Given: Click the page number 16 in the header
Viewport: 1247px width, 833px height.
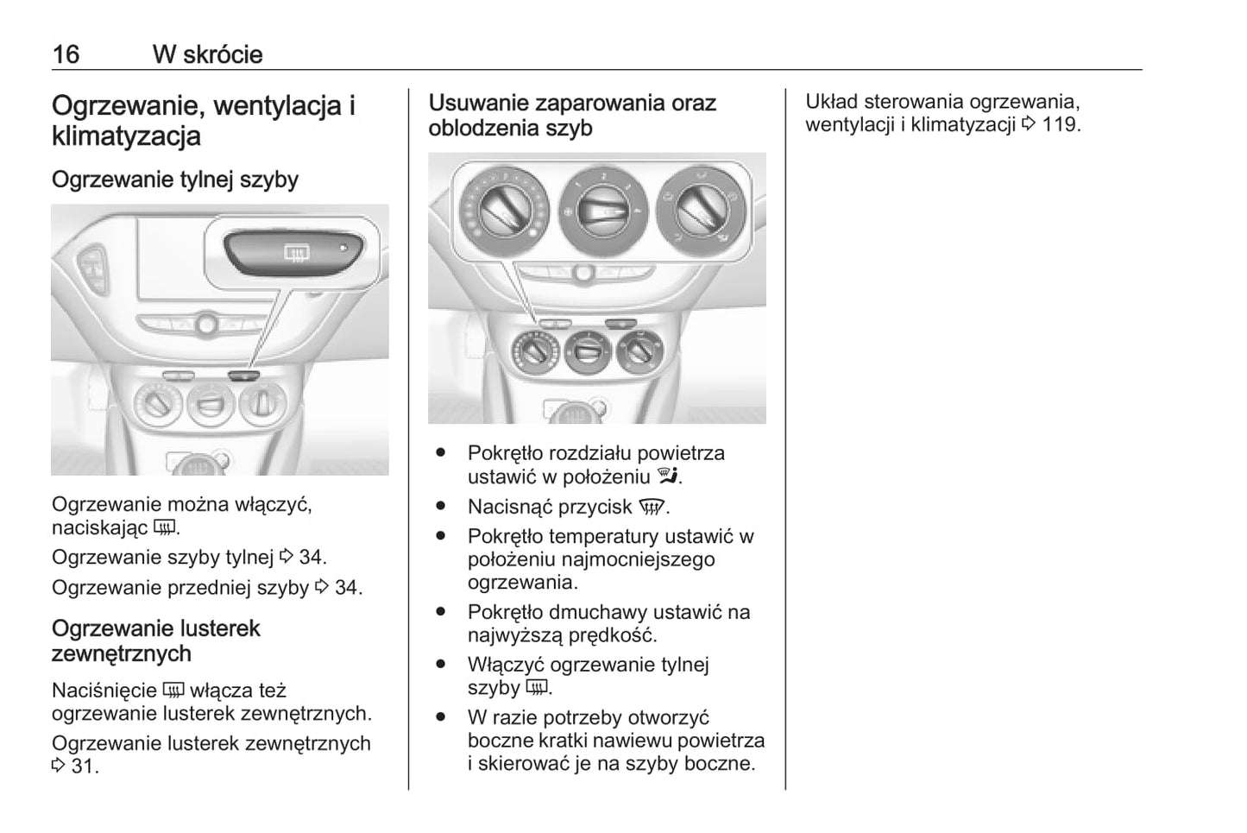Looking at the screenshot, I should [66, 54].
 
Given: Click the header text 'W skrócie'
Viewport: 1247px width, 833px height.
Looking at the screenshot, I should [207, 54].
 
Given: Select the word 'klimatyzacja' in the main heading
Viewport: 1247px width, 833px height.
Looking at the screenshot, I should [126, 136].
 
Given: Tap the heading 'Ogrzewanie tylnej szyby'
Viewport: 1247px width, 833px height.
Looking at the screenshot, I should [175, 180].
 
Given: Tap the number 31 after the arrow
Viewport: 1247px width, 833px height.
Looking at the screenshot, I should [83, 766].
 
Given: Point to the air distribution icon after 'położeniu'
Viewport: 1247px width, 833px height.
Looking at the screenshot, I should [668, 476].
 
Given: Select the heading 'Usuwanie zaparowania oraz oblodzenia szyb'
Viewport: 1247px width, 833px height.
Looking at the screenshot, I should [571, 116].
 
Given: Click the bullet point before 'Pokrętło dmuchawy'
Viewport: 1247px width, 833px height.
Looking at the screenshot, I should [441, 611].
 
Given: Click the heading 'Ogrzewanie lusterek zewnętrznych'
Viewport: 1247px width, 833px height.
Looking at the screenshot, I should [155, 641].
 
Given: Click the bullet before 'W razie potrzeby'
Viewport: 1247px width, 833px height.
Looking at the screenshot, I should [441, 716].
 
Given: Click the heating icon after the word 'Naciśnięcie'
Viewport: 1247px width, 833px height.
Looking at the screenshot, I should [173, 691].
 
